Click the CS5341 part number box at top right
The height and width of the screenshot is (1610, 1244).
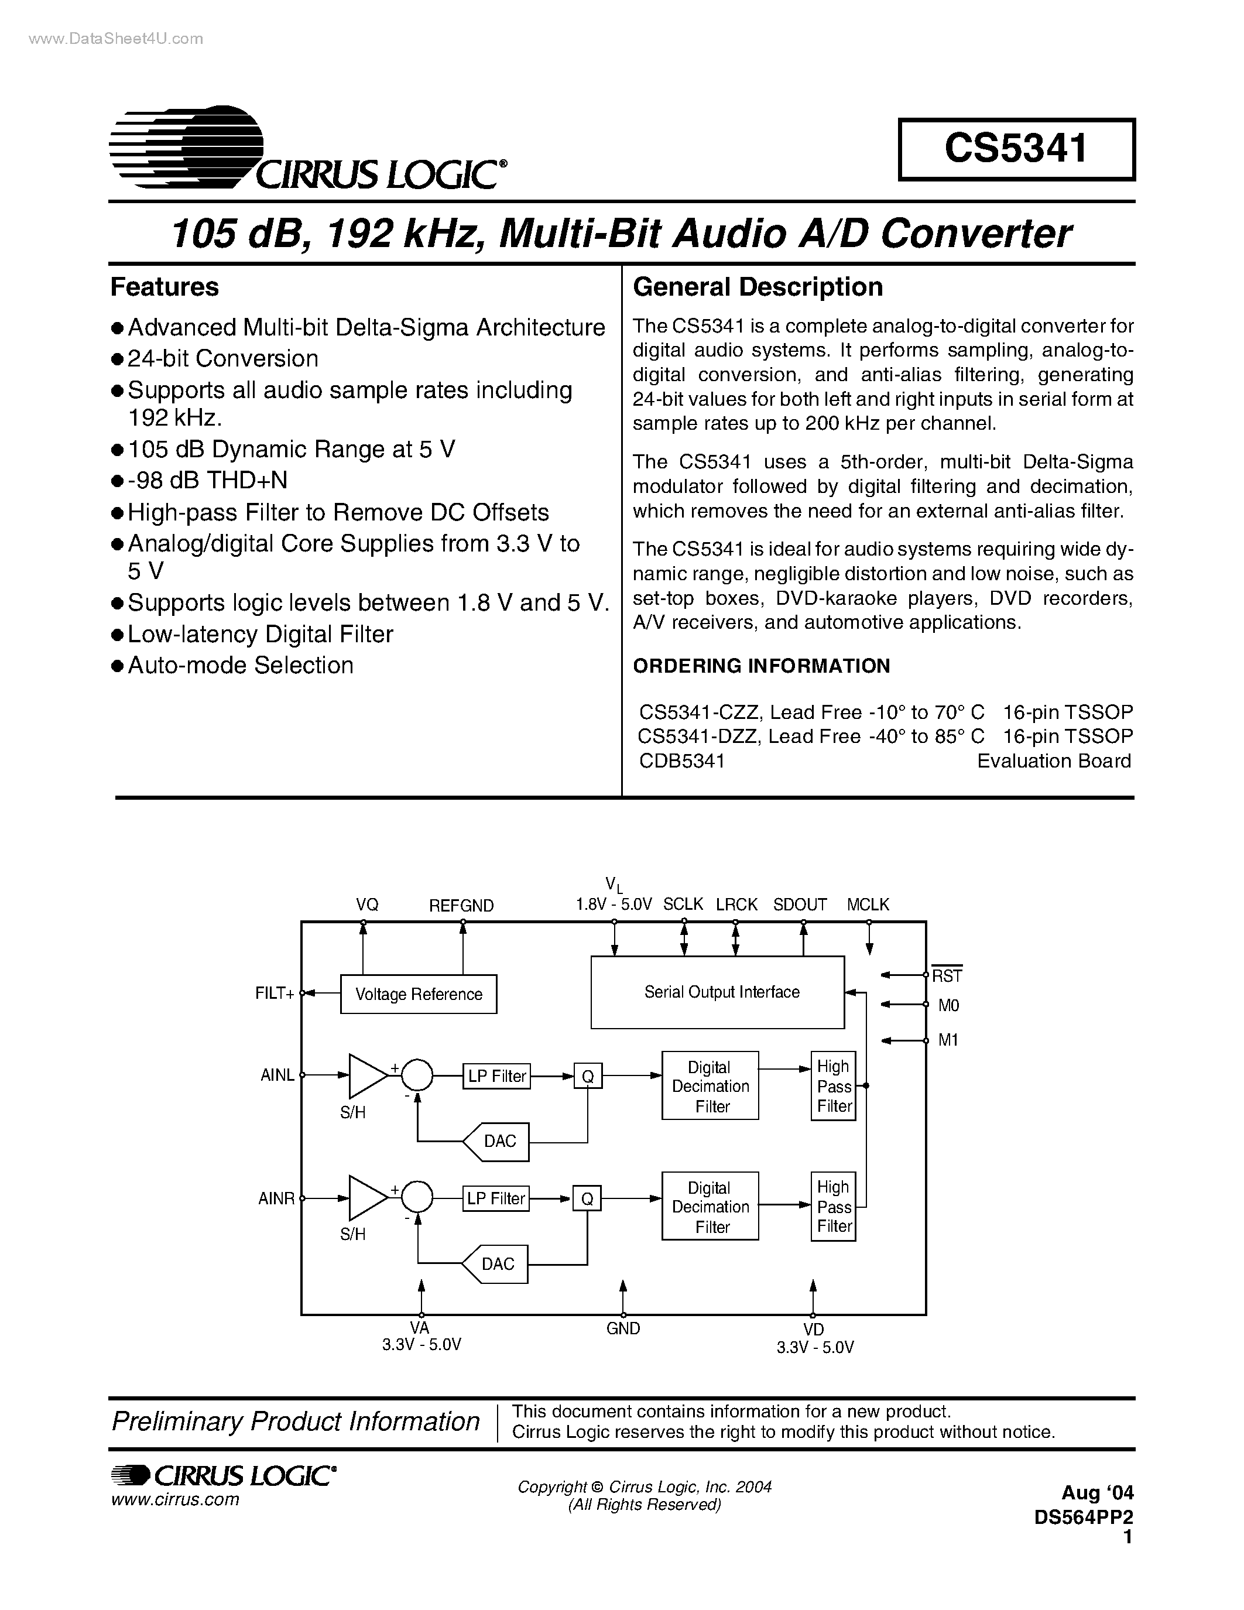click(x=1016, y=149)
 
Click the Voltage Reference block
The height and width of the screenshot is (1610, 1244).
click(x=418, y=994)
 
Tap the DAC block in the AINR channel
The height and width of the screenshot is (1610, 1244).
click(x=496, y=1264)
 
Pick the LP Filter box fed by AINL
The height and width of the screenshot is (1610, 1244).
click(x=496, y=1076)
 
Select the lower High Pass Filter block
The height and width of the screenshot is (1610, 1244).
click(x=834, y=1207)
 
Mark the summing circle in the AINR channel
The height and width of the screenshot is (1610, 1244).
click(x=417, y=1198)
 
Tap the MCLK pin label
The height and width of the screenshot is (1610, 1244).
click(x=868, y=905)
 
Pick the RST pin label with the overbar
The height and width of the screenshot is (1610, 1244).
click(x=947, y=975)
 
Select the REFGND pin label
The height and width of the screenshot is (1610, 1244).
click(x=461, y=905)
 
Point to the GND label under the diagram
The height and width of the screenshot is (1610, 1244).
click(x=623, y=1328)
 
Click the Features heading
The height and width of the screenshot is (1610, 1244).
click(x=165, y=287)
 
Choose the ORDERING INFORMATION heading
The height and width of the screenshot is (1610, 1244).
click(x=761, y=666)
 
